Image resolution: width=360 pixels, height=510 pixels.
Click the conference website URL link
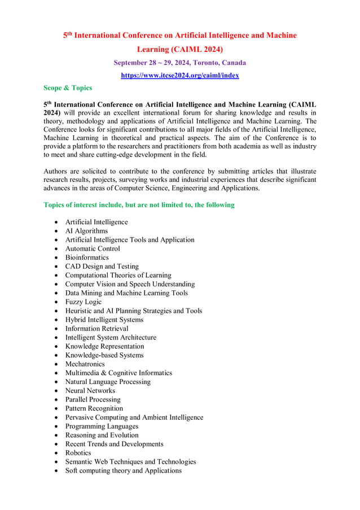(179, 75)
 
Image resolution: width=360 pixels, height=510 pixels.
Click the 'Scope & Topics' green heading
(68, 88)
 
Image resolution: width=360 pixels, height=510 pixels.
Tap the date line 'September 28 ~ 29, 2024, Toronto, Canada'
(179, 62)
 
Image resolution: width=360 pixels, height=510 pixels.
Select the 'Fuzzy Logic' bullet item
(84, 302)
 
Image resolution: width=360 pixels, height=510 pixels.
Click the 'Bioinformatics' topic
(87, 258)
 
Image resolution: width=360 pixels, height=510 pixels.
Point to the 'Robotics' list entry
(78, 452)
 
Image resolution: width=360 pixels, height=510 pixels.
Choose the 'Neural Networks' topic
(90, 390)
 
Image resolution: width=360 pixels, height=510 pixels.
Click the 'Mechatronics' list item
(85, 364)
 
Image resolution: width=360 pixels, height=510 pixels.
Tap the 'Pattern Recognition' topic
(94, 408)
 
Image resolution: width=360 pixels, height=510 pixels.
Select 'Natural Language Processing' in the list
(108, 382)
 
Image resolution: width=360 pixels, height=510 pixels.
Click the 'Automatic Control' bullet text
(93, 249)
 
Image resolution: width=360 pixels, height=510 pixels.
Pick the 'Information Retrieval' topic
(96, 328)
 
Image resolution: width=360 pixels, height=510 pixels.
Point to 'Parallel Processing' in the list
(93, 399)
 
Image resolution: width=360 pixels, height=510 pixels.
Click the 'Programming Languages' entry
(102, 426)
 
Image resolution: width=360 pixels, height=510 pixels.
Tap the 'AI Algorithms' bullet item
(86, 231)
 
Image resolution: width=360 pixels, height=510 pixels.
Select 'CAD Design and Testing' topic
(102, 266)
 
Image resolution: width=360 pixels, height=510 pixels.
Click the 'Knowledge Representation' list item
(104, 346)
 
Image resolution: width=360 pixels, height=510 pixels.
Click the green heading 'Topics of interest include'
(139, 205)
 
